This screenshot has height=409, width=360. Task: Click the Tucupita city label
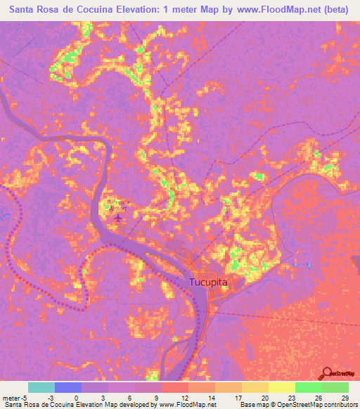pyautogui.click(x=210, y=283)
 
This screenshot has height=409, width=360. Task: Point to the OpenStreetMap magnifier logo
pyautogui.click(x=326, y=373)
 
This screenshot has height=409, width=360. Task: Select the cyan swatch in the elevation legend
pyautogui.click(x=41, y=387)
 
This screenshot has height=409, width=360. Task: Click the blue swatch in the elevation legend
pyautogui.click(x=68, y=387)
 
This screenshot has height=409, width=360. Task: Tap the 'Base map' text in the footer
pyautogui.click(x=254, y=405)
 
